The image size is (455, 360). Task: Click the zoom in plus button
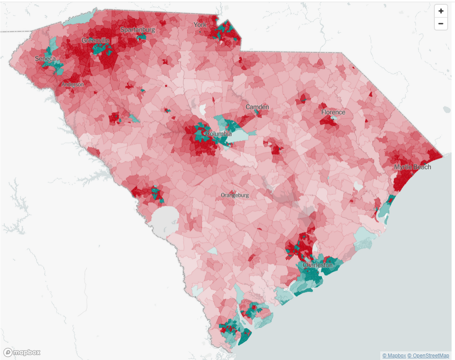click(441, 11)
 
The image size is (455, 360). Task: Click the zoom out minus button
click(441, 24)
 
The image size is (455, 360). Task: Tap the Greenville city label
click(95, 41)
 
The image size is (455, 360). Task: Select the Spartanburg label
click(138, 30)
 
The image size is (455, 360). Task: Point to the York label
click(200, 24)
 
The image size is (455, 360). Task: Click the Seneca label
click(45, 59)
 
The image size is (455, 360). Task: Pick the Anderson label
click(72, 84)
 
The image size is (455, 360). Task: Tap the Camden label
click(257, 107)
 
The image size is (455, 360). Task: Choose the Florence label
click(333, 112)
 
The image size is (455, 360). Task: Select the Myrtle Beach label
click(412, 167)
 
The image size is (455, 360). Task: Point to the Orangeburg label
click(235, 195)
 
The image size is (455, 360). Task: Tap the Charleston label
click(317, 265)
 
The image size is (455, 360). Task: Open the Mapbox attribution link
click(393, 356)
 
